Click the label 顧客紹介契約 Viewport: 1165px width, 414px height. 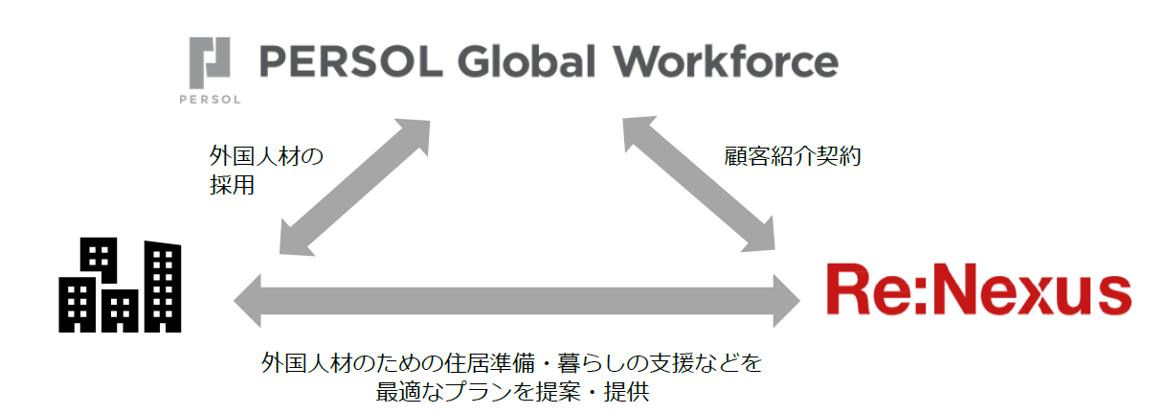793,157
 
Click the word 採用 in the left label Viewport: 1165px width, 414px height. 232,185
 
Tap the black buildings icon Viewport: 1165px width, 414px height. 120,284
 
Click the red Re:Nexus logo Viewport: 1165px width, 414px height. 978,291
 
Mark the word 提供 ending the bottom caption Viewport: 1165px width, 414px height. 629,392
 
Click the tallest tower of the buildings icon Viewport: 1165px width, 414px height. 162,283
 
